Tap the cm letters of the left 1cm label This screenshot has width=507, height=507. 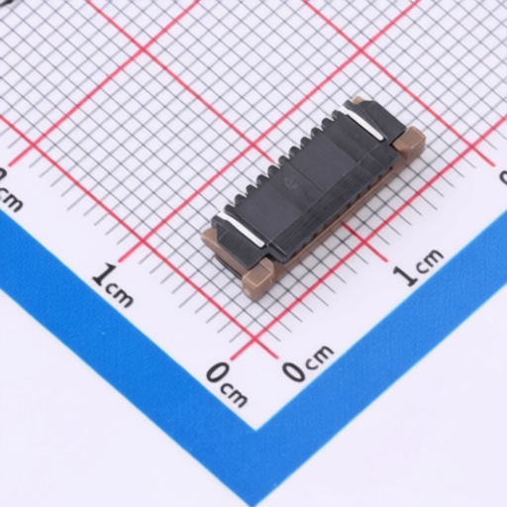pyautogui.click(x=120, y=294)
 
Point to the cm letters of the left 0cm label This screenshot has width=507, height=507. pyautogui.click(x=234, y=395)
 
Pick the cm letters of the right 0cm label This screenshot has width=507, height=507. pyautogui.click(x=320, y=355)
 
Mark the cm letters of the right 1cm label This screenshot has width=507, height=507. pyautogui.click(x=429, y=260)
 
